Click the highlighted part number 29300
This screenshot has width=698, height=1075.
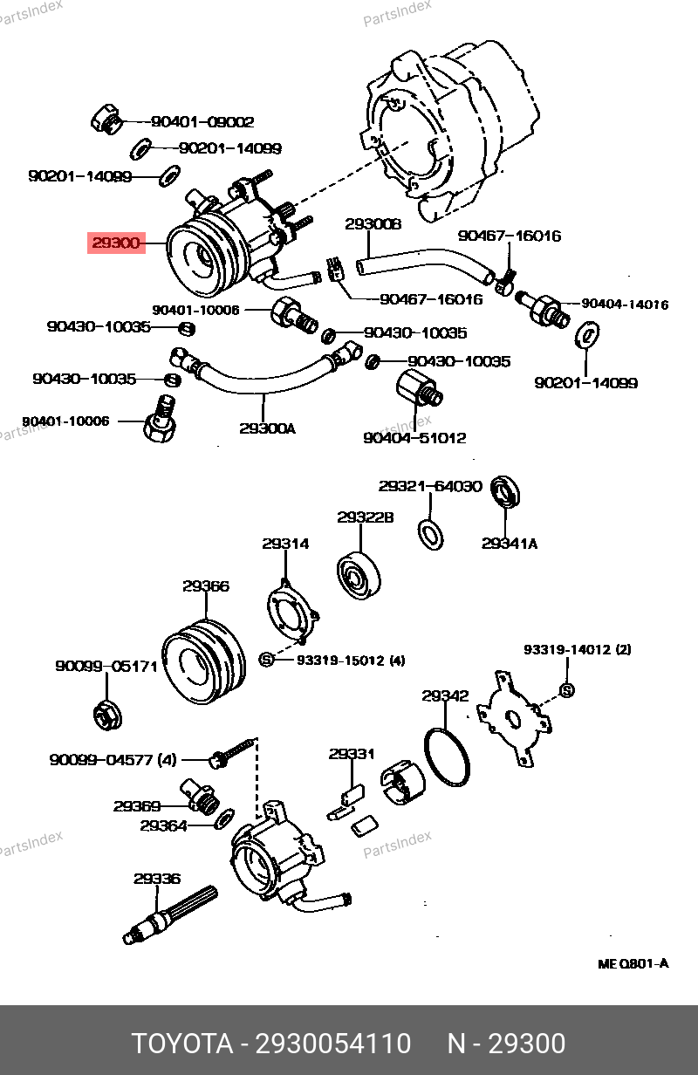click(x=116, y=243)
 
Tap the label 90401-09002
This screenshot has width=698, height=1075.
click(x=202, y=123)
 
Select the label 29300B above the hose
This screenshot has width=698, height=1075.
click(x=373, y=224)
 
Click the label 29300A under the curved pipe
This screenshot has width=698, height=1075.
click(x=267, y=428)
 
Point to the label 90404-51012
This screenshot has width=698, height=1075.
click(x=414, y=438)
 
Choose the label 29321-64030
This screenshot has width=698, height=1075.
click(x=430, y=486)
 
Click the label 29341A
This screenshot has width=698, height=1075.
click(x=510, y=544)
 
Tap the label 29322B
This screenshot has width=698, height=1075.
click(x=366, y=517)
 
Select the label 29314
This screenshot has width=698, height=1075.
click(x=285, y=544)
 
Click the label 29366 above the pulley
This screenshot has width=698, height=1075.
click(x=206, y=586)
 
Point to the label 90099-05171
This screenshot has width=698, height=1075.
click(x=106, y=667)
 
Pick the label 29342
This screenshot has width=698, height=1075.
click(x=445, y=696)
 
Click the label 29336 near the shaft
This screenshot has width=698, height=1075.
click(x=157, y=880)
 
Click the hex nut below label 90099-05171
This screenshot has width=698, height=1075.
click(x=106, y=715)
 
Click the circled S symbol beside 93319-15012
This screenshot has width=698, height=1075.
click(x=267, y=660)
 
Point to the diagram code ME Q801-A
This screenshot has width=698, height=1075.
click(x=633, y=964)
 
